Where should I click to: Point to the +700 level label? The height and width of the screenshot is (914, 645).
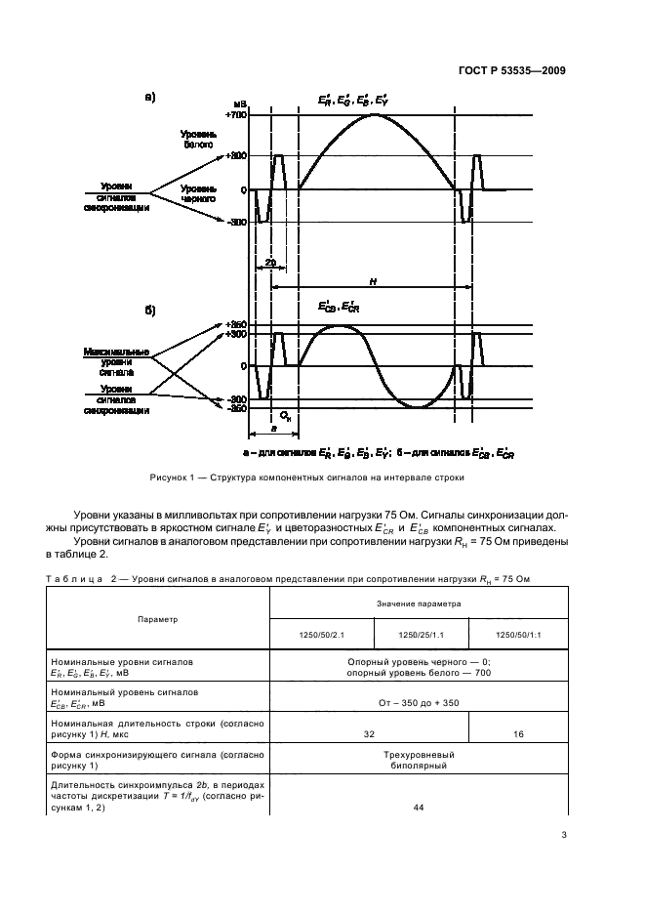point(235,115)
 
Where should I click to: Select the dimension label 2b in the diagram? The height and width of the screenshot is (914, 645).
point(269,263)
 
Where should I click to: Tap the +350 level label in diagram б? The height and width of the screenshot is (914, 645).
point(235,324)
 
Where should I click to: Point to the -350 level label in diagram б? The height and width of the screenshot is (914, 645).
point(236,409)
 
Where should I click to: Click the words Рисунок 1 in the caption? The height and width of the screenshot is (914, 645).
point(172,478)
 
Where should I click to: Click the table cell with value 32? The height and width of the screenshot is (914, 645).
point(369,732)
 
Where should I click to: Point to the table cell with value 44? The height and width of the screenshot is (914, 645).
point(420,807)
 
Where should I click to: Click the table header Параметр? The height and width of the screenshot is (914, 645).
point(158,619)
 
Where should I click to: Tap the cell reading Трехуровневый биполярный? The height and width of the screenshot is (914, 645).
point(420,761)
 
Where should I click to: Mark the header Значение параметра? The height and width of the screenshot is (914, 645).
point(420,603)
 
